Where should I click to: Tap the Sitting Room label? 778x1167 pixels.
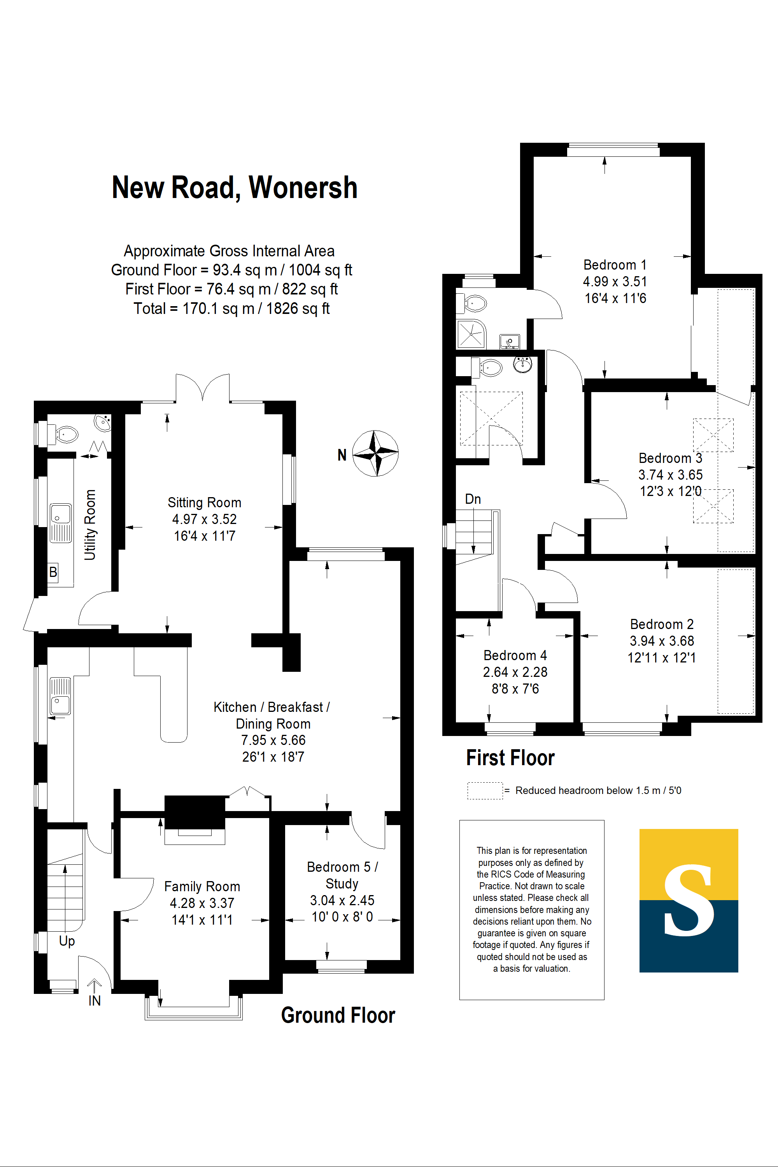click(205, 503)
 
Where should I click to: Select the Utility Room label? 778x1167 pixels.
click(90, 525)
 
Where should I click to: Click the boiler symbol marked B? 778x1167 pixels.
click(53, 572)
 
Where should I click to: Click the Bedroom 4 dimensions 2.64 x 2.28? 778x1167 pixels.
click(515, 672)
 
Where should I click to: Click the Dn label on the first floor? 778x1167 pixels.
click(473, 499)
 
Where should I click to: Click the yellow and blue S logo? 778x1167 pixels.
click(689, 901)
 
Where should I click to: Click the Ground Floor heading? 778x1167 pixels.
click(338, 1015)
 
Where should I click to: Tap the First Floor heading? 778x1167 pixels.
click(510, 758)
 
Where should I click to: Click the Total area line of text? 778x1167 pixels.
click(232, 308)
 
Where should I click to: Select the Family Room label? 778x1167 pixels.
click(202, 887)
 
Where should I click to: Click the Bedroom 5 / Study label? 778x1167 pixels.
click(342, 875)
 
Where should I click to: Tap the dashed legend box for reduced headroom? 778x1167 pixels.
click(485, 790)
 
